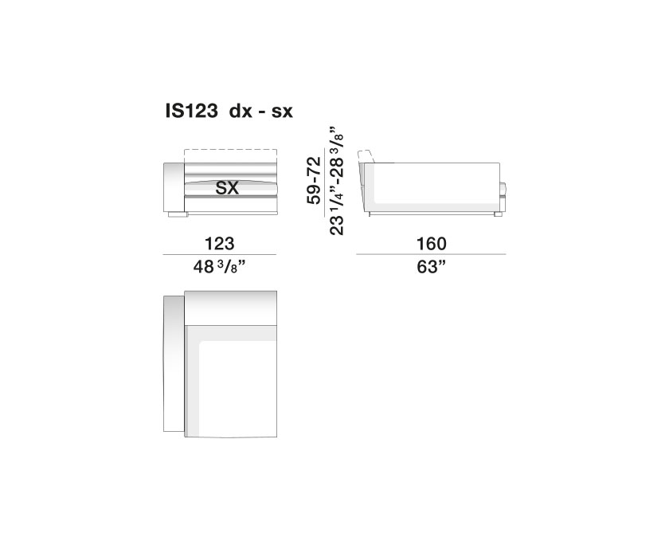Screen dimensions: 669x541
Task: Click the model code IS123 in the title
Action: pos(192,111)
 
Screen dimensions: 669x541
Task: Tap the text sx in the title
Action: pos(282,112)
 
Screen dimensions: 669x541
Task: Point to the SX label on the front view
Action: pos(227,188)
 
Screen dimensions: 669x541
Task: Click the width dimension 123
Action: pos(219,243)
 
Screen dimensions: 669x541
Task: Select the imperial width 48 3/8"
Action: pos(220,267)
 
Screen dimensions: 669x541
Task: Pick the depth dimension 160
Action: pos(432,243)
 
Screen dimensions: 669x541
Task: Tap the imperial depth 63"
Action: pos(431,267)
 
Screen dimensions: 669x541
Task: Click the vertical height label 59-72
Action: pos(314,181)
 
